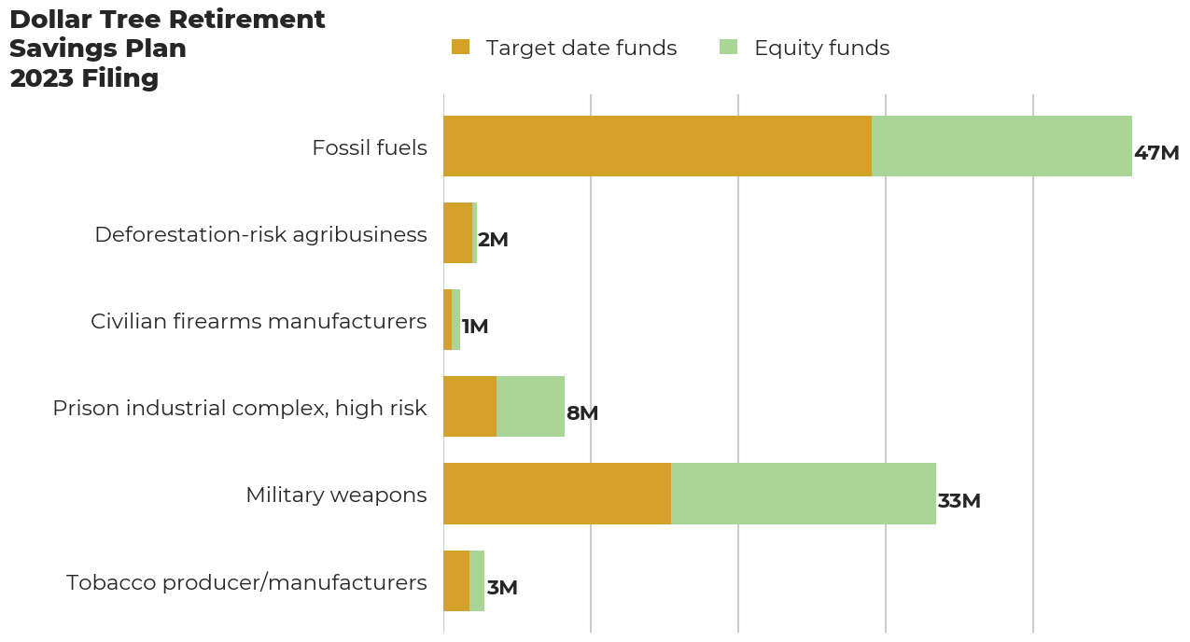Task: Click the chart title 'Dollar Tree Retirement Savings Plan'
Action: pos(167,34)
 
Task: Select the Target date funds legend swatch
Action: pos(460,47)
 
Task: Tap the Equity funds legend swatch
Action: pos(728,47)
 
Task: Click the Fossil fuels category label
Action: pos(370,147)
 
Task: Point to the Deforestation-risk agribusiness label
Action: pos(260,235)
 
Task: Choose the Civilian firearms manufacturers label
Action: pos(259,321)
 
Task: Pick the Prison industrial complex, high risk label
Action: pos(240,409)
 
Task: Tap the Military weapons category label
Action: pos(336,495)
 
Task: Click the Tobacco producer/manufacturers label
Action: pos(246,582)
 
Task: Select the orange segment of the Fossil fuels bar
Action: pos(658,146)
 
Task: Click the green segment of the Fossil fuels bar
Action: pos(1002,146)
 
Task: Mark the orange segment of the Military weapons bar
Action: pos(557,494)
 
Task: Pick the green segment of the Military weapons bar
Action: pos(804,494)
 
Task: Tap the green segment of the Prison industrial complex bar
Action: pos(531,406)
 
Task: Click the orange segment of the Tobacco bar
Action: pos(456,580)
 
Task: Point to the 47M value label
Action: pos(1156,153)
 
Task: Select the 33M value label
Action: pos(959,501)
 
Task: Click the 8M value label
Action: pos(582,413)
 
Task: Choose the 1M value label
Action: pos(475,327)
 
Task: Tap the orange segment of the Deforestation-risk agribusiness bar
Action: pos(458,232)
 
